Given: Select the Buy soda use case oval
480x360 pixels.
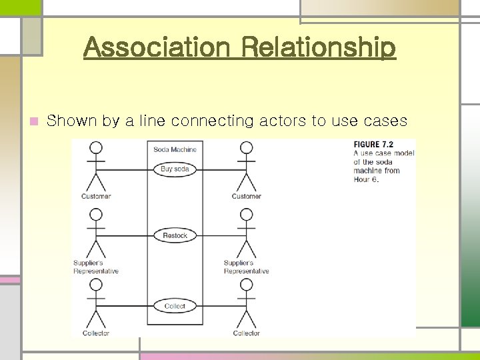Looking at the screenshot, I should (175, 169).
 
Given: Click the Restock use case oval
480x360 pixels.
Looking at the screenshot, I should (175, 235).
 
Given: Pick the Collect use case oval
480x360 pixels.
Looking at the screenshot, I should (175, 306).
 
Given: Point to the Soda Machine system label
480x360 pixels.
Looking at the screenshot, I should (175, 149).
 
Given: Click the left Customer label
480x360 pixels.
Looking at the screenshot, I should (96, 197).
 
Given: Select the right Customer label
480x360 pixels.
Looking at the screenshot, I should (246, 197).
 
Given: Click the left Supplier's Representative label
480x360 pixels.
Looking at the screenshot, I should (96, 267).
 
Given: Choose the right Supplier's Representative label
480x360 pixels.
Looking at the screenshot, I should (246, 267).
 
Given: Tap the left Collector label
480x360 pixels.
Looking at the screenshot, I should (96, 333).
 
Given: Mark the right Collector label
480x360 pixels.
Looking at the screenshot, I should (246, 333).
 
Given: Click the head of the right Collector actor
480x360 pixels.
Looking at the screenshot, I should (247, 285).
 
